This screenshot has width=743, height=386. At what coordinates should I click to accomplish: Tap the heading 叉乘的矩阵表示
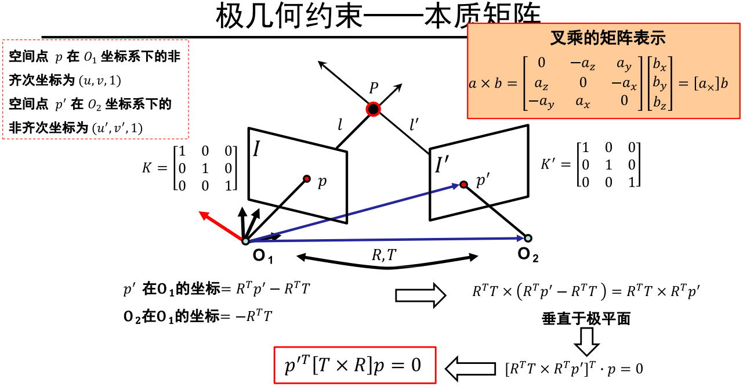pyautogui.click(x=607, y=39)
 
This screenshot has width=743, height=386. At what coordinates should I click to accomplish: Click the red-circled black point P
pyautogui.click(x=374, y=109)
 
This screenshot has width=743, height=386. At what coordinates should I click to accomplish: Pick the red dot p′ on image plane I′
pyautogui.click(x=463, y=185)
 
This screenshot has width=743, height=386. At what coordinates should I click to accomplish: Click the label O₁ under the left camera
pyautogui.click(x=263, y=255)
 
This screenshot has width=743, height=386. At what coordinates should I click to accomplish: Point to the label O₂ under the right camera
pyautogui.click(x=528, y=254)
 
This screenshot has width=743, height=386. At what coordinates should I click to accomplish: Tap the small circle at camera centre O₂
pyautogui.click(x=528, y=237)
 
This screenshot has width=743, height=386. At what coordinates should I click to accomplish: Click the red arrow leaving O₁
pyautogui.click(x=220, y=226)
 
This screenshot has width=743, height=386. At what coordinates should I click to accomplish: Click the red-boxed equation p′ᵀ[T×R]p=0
pyautogui.click(x=354, y=365)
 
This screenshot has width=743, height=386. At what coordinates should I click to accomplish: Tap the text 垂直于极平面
pyautogui.click(x=586, y=319)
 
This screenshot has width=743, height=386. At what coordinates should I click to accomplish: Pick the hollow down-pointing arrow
pyautogui.click(x=586, y=341)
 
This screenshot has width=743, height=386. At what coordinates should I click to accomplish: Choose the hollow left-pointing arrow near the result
pyautogui.click(x=470, y=367)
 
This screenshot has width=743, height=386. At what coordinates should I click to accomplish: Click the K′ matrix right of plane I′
pyautogui.click(x=591, y=164)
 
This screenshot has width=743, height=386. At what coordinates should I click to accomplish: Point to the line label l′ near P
pyautogui.click(x=415, y=124)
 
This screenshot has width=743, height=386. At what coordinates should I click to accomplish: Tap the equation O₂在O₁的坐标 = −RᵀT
pyautogui.click(x=198, y=317)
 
